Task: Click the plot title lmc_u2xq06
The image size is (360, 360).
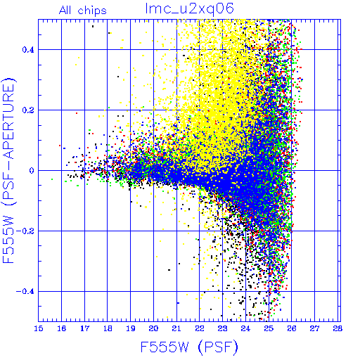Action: (189, 9)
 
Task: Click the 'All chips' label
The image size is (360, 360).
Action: (83, 11)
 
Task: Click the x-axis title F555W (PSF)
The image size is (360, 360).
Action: (189, 347)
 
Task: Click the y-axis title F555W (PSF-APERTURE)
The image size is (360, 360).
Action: (8, 171)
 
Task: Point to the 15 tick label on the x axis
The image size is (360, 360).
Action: (39, 328)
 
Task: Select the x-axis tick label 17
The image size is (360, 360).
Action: (84, 328)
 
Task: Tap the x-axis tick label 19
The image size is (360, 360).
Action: (131, 328)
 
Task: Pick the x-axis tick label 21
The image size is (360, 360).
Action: (176, 328)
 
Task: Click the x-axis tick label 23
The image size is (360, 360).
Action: (222, 328)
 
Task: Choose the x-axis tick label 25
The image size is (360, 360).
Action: (269, 328)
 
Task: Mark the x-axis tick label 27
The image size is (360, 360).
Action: (314, 328)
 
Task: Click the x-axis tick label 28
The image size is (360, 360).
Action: (337, 328)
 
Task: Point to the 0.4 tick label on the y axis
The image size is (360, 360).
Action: (28, 50)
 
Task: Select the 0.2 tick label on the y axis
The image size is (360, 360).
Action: (28, 110)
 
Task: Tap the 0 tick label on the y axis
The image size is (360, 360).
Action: (32, 171)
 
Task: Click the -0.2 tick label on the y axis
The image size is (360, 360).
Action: (25, 231)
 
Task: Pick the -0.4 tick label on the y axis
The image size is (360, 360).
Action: (25, 292)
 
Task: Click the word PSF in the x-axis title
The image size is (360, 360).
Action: (218, 347)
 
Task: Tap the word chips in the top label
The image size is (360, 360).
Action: (92, 11)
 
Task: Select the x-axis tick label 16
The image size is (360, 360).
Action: (62, 328)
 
